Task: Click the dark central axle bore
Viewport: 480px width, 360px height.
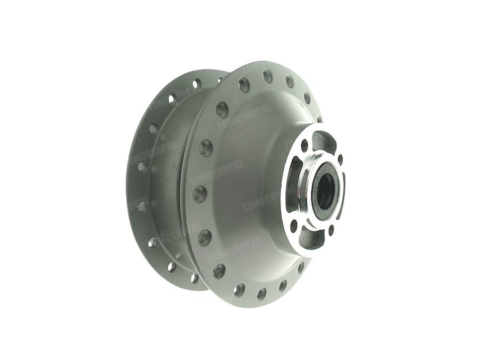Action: tap(324, 188)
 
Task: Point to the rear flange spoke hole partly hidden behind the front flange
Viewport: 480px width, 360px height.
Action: tap(219, 80)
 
